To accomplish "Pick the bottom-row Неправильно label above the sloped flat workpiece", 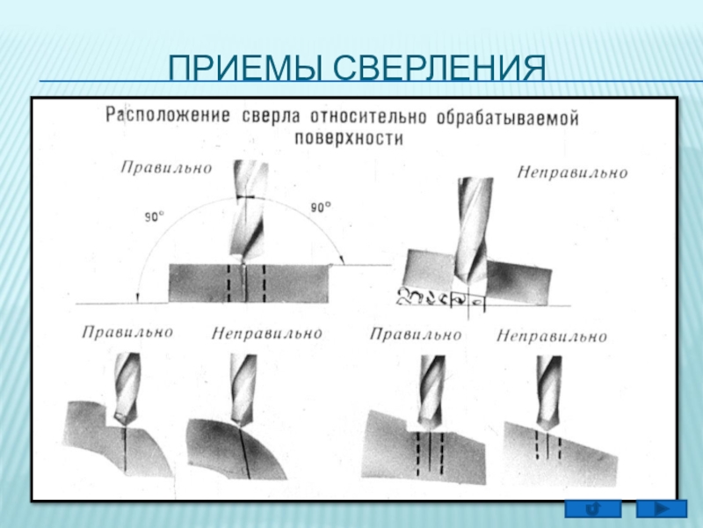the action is point(551,336).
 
